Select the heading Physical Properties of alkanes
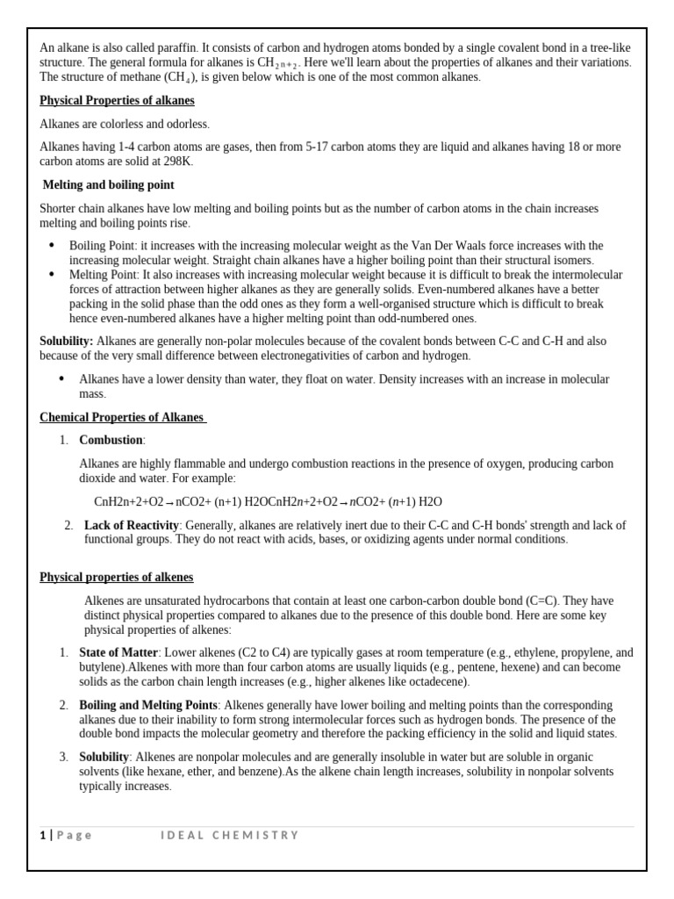pyautogui.click(x=117, y=101)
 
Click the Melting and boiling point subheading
pyautogui.click(x=109, y=185)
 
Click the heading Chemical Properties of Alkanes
pyautogui.click(x=122, y=417)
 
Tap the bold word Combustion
pyautogui.click(x=111, y=440)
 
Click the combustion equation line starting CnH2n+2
pyautogui.click(x=268, y=501)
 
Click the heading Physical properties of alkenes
pyautogui.click(x=117, y=577)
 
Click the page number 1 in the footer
pyautogui.click(x=42, y=835)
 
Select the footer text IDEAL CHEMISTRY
pyautogui.click(x=230, y=835)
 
